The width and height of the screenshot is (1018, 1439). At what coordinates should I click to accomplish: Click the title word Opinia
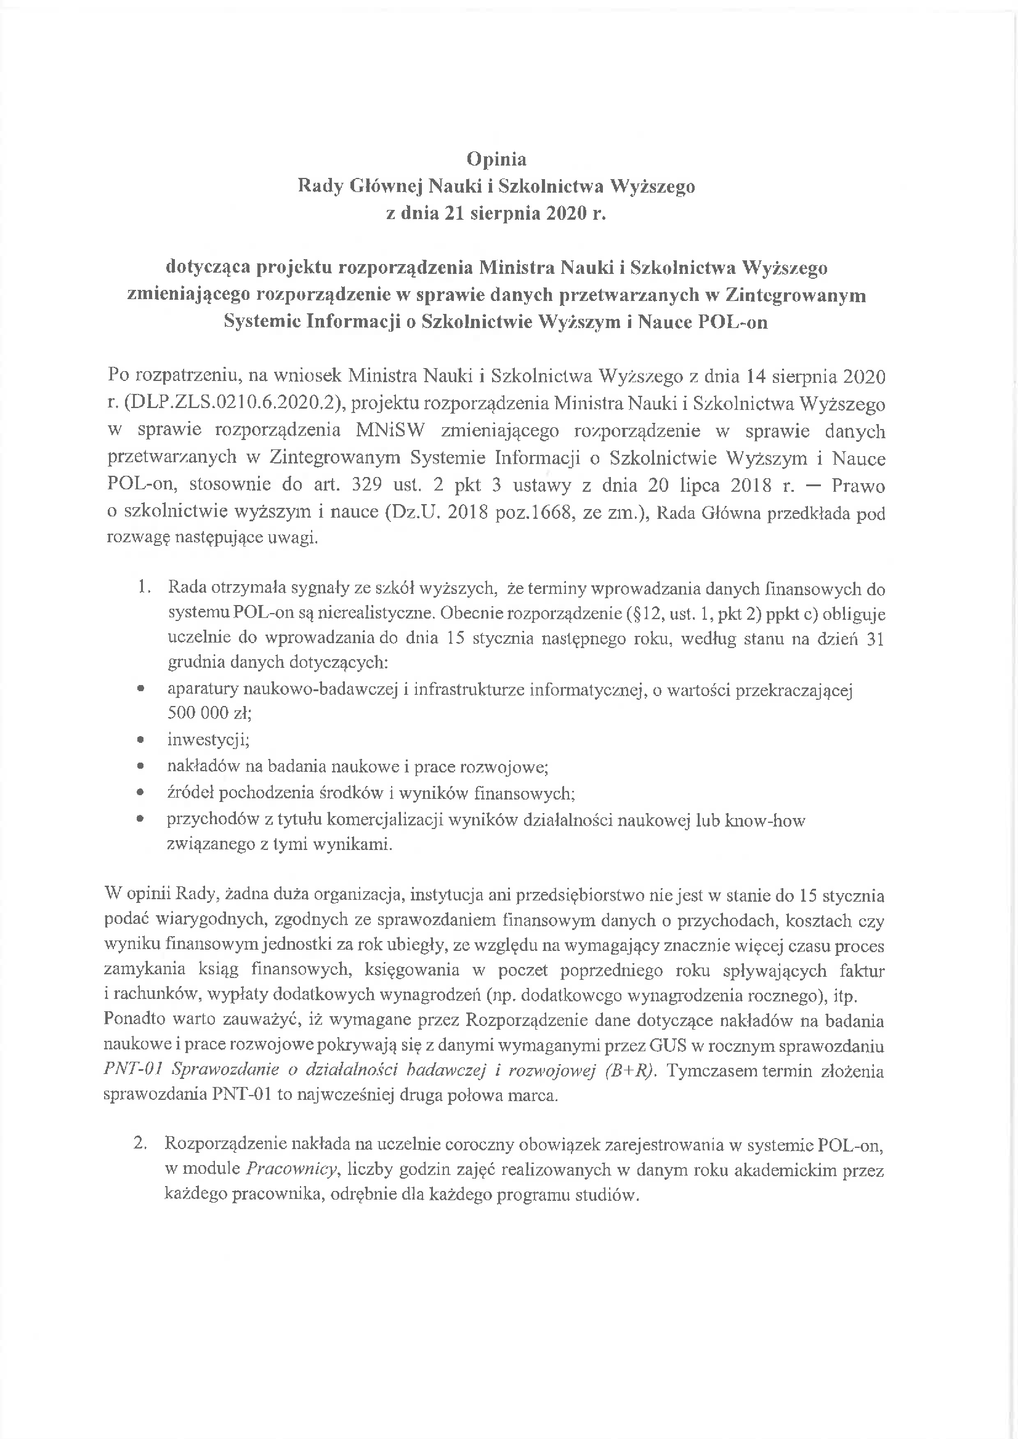coord(496,159)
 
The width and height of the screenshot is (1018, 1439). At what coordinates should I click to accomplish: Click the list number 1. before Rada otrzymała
coord(145,588)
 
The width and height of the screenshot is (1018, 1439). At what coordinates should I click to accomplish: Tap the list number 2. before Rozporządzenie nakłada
coord(140,1143)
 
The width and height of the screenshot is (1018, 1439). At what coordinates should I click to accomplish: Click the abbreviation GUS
coord(668,1046)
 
